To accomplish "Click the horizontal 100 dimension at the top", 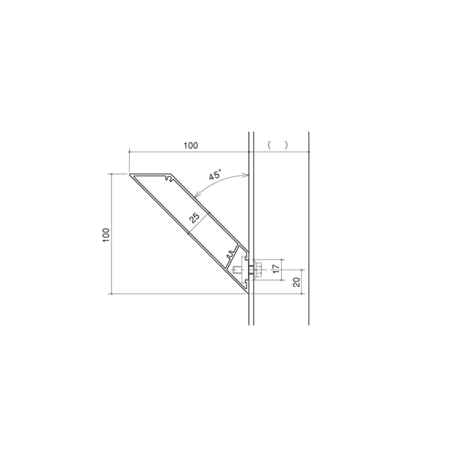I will point(190,145).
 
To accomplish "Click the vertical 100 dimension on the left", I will point(106,235).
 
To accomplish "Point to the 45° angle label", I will point(214,176).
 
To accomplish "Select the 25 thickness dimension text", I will point(194,217).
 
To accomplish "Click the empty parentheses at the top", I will point(277,144).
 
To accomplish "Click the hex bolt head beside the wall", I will point(258,271).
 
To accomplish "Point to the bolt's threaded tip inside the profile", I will point(235,271).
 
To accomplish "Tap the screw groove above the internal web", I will point(231,255).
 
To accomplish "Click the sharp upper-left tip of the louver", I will point(131,174).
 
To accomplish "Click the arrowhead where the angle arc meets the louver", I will point(196,196).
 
